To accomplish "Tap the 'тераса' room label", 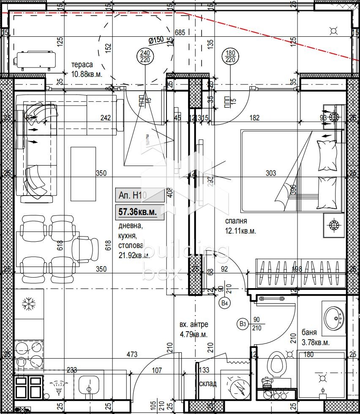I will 82,65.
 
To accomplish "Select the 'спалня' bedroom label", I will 236,221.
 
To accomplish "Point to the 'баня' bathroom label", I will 310,332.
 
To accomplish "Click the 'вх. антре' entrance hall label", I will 194,324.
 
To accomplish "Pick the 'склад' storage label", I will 207,384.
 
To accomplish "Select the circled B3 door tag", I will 242,324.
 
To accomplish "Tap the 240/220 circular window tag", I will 145,56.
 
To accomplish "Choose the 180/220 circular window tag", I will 230,56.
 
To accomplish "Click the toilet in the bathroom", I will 276,365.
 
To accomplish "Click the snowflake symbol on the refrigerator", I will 29,303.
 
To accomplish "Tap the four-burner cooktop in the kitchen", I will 29,354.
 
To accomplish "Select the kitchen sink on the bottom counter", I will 88,385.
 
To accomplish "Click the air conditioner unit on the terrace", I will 35,59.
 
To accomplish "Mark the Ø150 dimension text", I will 156,40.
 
